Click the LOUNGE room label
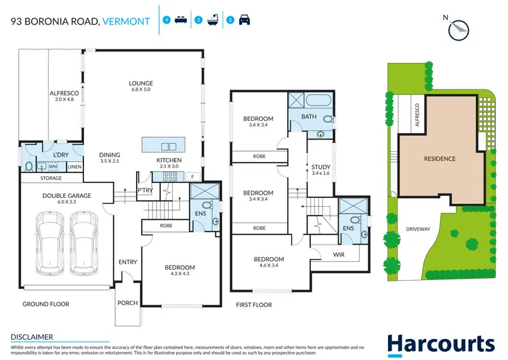(141, 83)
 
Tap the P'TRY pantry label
(144, 191)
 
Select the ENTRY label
(127, 262)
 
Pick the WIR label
(339, 255)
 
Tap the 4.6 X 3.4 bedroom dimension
(269, 267)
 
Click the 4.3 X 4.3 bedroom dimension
(179, 275)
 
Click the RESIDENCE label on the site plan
(440, 159)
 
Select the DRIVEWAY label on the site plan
(418, 229)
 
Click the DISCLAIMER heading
(32, 336)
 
